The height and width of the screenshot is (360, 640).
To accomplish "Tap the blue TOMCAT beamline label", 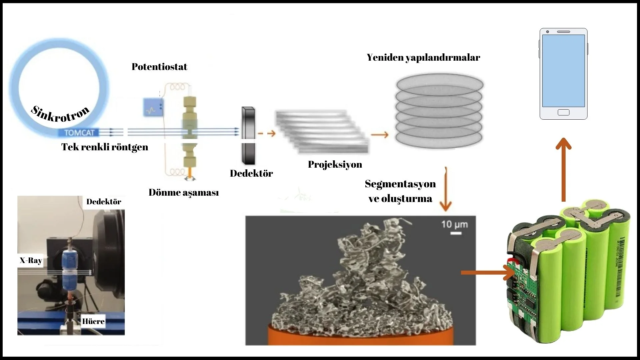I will [79, 133].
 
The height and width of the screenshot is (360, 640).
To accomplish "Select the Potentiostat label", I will [159, 67].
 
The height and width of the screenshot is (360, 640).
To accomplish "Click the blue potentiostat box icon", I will [153, 107].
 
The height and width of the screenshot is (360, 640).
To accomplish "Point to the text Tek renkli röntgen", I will [105, 147].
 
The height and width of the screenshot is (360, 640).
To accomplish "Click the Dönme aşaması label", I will [184, 193].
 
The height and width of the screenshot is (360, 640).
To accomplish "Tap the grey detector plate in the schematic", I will [248, 135].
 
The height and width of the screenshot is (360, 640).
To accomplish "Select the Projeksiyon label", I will [335, 164].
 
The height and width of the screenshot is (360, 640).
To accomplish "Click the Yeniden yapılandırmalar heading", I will [423, 57].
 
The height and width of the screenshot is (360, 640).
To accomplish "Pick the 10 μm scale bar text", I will [454, 224].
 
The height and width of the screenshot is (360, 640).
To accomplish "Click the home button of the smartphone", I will [563, 112].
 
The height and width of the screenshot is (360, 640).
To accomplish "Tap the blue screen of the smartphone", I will [563, 70].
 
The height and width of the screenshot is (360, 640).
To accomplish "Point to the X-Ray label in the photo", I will [31, 260].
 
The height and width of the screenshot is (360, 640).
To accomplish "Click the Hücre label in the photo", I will [93, 321].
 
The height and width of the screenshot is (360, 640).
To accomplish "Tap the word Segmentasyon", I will [400, 184].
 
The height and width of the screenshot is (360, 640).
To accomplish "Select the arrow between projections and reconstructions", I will [380, 135].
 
